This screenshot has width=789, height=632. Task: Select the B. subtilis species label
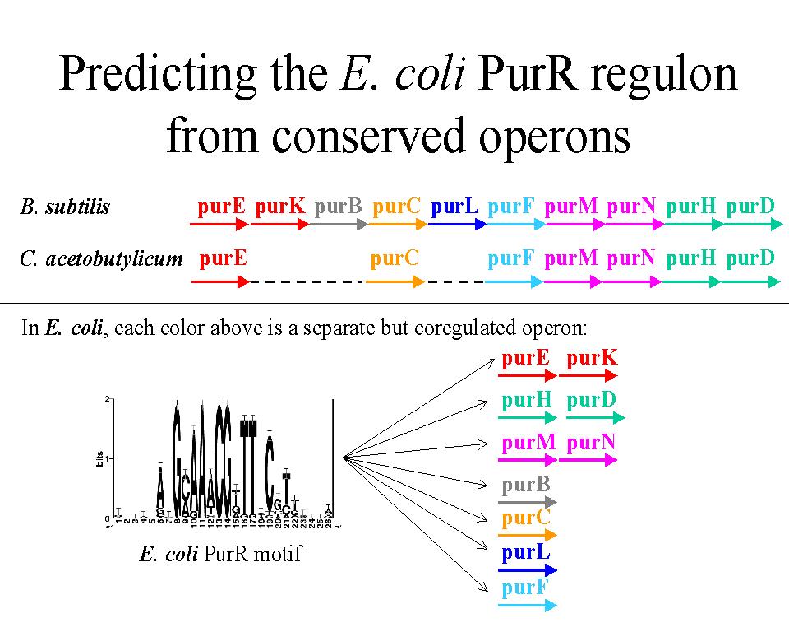coord(65,207)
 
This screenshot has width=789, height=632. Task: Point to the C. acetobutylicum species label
coord(101,259)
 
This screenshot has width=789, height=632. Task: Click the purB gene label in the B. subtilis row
coord(338,207)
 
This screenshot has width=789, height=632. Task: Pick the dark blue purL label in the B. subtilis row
coord(454,207)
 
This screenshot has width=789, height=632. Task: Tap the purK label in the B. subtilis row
coord(279,207)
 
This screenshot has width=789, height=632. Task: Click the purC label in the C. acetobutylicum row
coord(394,258)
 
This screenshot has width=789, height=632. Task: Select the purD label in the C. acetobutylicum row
coord(750,258)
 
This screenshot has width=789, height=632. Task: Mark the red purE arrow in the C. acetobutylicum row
coord(220,281)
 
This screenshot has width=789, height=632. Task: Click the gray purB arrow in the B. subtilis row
coord(337,224)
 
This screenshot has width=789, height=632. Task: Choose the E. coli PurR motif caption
coord(220,554)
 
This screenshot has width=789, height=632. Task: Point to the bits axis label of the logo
coord(99,458)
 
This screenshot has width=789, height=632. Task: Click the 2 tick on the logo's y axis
coord(107,399)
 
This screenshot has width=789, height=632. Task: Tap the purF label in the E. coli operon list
coord(525,588)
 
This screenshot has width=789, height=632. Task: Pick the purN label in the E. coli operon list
coord(591,443)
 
